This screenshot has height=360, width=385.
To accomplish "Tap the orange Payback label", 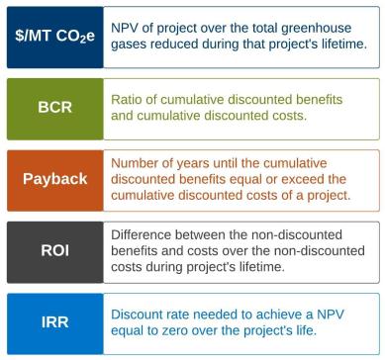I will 54,179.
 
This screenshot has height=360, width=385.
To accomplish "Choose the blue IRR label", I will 54,321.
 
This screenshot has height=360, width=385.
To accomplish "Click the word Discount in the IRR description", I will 143,314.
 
